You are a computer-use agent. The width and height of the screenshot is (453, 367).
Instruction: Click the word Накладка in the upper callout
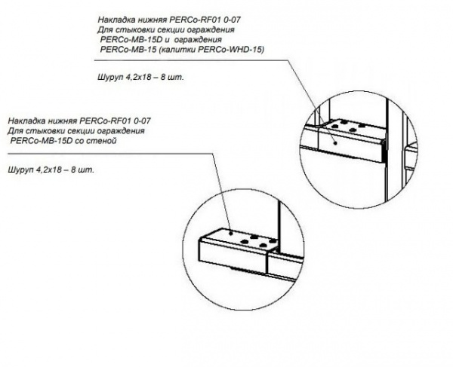(x=119, y=20)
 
